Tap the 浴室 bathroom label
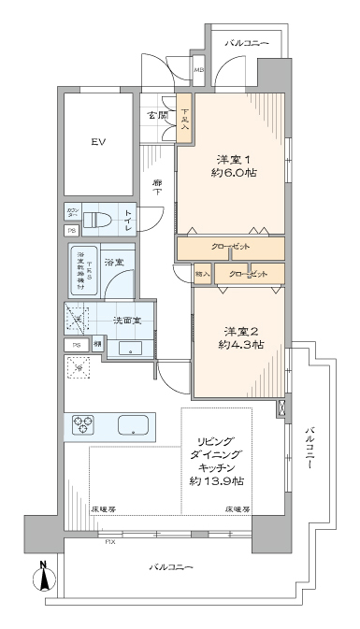(114, 261)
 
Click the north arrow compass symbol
(44, 578)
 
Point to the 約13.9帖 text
(215, 480)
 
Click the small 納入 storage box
(203, 273)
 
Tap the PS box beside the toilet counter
(71, 231)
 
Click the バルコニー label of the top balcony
(248, 44)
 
